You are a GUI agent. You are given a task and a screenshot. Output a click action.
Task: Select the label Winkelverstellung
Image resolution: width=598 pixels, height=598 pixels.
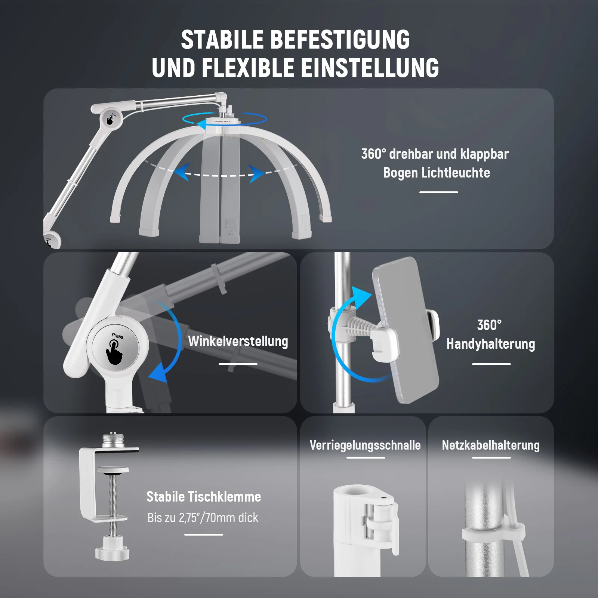coord(238,341)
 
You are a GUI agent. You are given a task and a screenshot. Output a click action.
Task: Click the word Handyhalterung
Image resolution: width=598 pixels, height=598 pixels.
coord(491,344)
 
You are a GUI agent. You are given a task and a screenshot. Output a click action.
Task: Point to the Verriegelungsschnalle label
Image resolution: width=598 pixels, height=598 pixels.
coord(365,445)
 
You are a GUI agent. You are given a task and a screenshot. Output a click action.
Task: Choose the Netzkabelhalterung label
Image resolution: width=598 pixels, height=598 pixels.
coord(491,445)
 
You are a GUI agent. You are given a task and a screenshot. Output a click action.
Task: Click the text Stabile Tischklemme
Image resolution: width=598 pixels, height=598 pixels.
coord(204,497)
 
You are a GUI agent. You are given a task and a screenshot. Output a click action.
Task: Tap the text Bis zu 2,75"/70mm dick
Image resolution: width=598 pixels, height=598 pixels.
coord(203,518)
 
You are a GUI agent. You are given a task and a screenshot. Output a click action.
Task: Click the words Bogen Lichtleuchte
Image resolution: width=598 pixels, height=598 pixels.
coord(437,173)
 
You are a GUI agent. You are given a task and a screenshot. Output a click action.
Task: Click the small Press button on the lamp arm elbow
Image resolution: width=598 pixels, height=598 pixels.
coord(111,119)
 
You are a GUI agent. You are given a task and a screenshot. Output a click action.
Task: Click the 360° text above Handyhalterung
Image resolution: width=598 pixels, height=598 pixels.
coord(490,325)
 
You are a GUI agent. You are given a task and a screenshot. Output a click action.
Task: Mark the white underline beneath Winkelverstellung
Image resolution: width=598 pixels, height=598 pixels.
coord(238,364)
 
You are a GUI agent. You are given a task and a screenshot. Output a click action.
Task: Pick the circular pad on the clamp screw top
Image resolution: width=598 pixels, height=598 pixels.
coord(113,469)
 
